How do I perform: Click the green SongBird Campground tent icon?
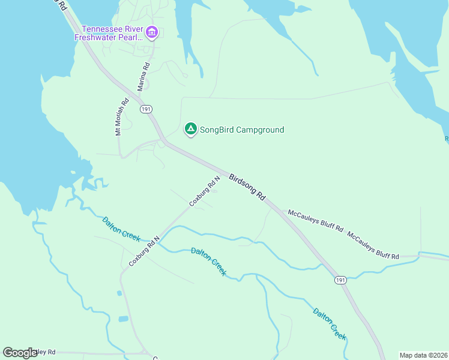190,128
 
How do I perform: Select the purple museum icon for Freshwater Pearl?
151,32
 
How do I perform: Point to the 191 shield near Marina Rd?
146,109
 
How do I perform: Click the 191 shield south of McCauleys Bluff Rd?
340,280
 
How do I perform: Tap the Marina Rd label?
143,77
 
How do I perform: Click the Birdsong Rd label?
247,187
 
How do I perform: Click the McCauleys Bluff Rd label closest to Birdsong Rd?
316,221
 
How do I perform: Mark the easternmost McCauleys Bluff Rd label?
373,247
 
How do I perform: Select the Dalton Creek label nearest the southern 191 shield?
330,323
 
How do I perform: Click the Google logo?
20,353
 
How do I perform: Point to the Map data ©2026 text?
423,355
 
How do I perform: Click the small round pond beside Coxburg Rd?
119,294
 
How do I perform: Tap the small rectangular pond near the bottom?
124,319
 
